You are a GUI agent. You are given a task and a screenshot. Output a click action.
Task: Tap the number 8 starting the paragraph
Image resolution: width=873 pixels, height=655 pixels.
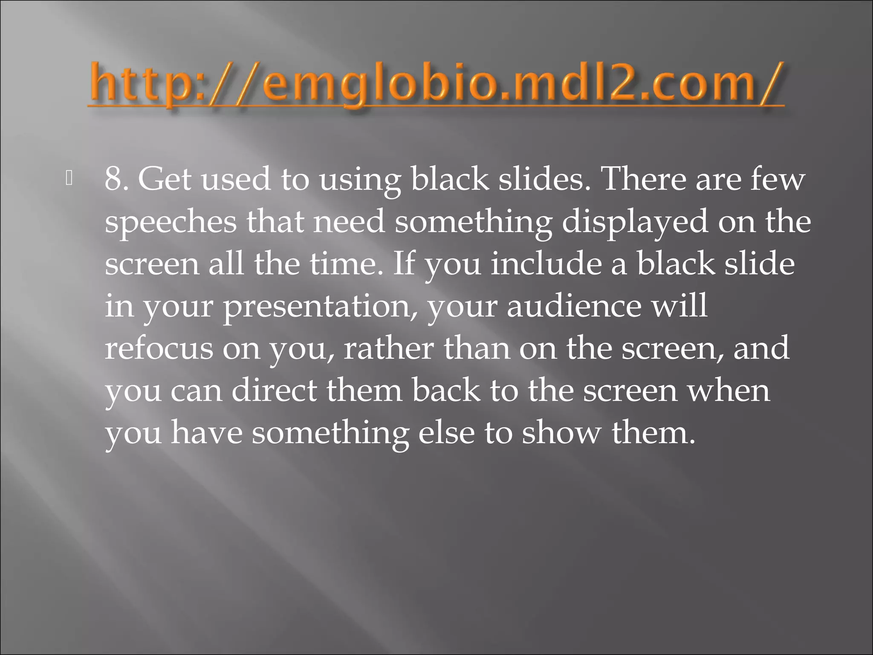[116, 179]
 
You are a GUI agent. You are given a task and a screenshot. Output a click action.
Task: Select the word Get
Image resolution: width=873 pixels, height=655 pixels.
[164, 179]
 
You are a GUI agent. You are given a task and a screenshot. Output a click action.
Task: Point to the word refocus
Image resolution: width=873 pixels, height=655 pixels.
[159, 348]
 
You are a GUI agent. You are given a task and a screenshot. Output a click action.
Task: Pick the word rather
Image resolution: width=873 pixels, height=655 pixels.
[388, 348]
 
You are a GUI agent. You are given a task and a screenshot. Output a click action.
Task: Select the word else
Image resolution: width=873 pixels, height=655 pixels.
[446, 432]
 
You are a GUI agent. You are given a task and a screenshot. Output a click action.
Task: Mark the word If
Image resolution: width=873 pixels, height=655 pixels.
[404, 264]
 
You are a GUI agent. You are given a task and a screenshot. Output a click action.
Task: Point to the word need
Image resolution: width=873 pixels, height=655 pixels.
[349, 222]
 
